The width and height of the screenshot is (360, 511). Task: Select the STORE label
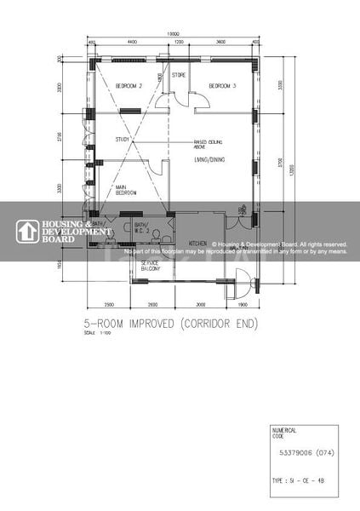point(179,75)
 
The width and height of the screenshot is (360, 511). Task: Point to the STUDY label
point(123,140)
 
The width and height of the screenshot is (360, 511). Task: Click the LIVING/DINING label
point(211,158)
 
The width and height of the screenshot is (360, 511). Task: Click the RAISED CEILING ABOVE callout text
point(208,143)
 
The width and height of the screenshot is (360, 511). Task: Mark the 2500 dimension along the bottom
point(110,304)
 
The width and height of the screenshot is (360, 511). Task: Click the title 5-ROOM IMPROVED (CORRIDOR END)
point(182,324)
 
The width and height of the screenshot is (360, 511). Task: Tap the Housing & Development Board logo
point(64,232)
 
